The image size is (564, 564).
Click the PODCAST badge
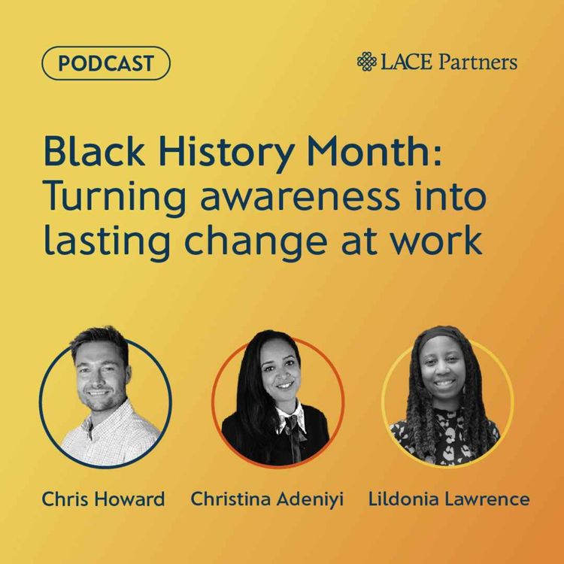(x=106, y=63)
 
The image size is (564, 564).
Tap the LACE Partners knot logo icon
(x=366, y=62)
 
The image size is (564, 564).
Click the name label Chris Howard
(x=104, y=499)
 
